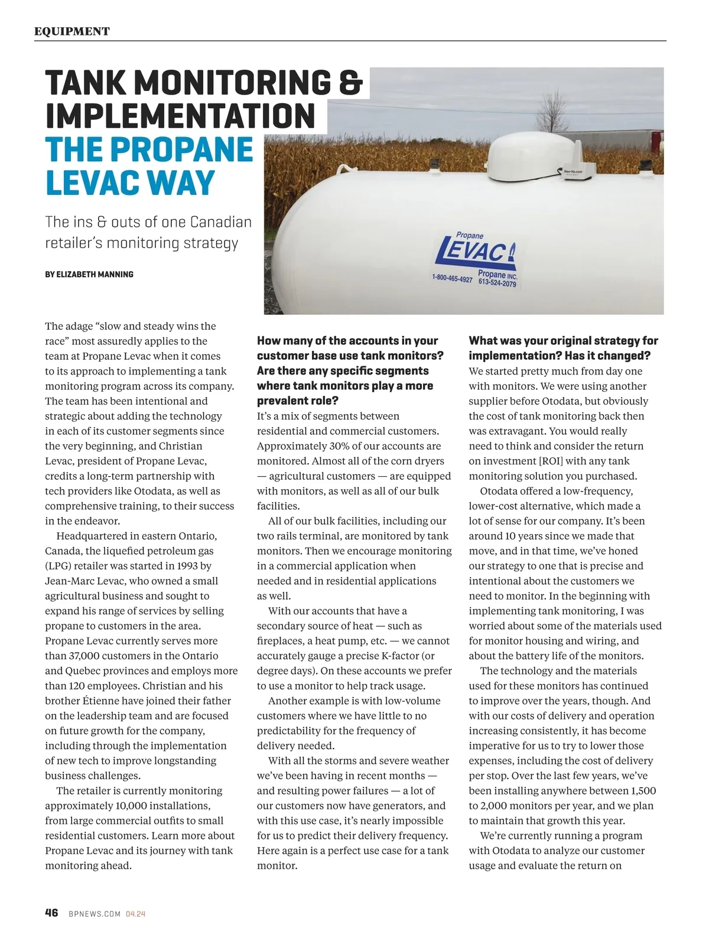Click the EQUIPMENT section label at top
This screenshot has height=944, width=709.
click(71, 31)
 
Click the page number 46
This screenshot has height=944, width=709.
click(51, 913)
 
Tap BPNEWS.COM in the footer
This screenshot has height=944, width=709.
click(95, 914)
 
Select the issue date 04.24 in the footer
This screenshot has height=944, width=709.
click(135, 914)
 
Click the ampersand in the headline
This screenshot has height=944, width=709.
click(350, 83)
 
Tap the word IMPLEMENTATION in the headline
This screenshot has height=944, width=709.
click(180, 116)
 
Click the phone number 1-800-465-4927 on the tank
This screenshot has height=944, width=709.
click(452, 278)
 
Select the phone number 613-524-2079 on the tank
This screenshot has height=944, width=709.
click(497, 283)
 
